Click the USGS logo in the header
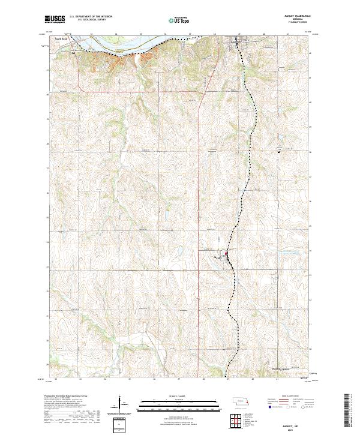click(x=56, y=19)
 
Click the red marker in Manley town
click(x=226, y=256)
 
